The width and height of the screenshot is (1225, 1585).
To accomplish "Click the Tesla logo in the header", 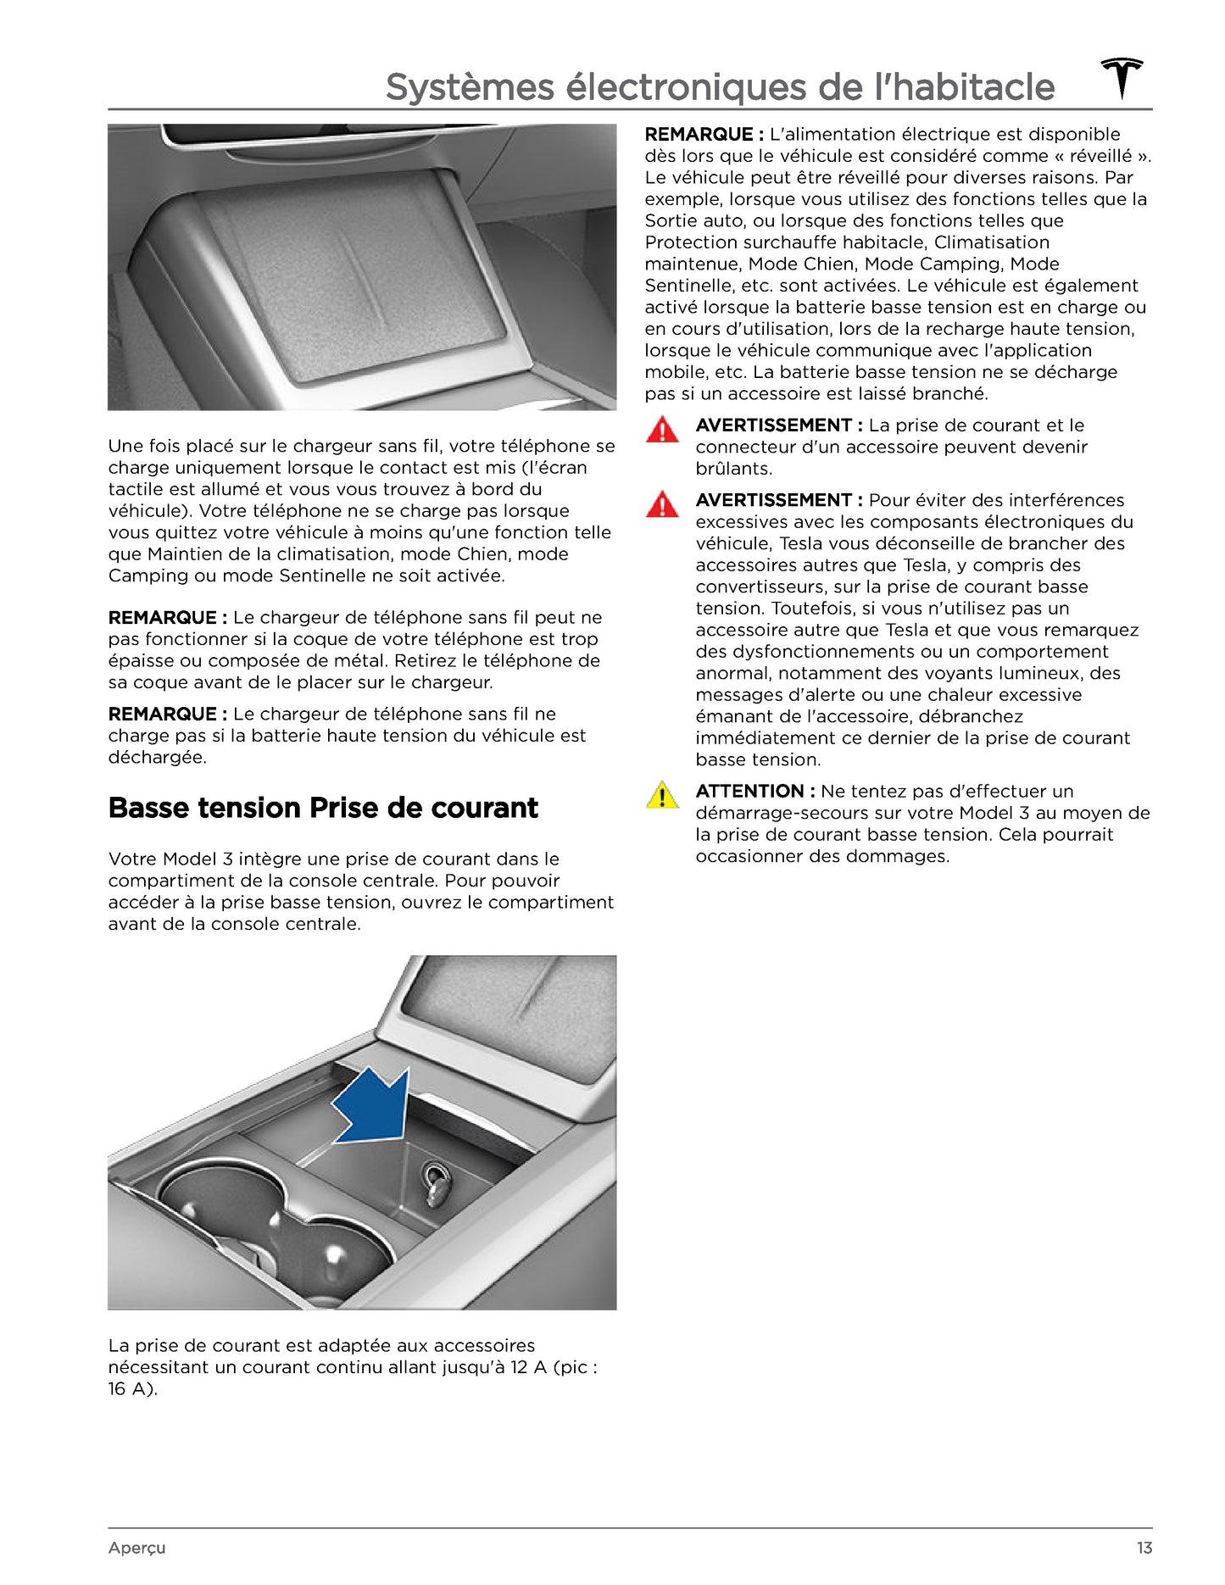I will [1122, 78].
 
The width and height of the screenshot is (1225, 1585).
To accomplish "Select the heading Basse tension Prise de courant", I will [323, 808].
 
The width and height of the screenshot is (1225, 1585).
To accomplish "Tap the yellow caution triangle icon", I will [662, 795].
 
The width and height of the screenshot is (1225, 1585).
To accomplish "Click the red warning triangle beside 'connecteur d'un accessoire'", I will [662, 430].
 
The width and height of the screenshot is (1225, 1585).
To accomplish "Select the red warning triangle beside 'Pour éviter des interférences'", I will [662, 504].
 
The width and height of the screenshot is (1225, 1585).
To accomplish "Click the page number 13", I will [1144, 1548].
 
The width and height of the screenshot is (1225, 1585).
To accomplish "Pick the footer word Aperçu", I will [136, 1548].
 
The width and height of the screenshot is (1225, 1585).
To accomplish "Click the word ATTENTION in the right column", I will [749, 791].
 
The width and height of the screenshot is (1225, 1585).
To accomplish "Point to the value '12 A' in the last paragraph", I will [528, 1367].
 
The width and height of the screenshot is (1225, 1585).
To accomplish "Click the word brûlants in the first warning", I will [733, 469].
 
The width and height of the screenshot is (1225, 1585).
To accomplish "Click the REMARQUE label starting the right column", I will [699, 134].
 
